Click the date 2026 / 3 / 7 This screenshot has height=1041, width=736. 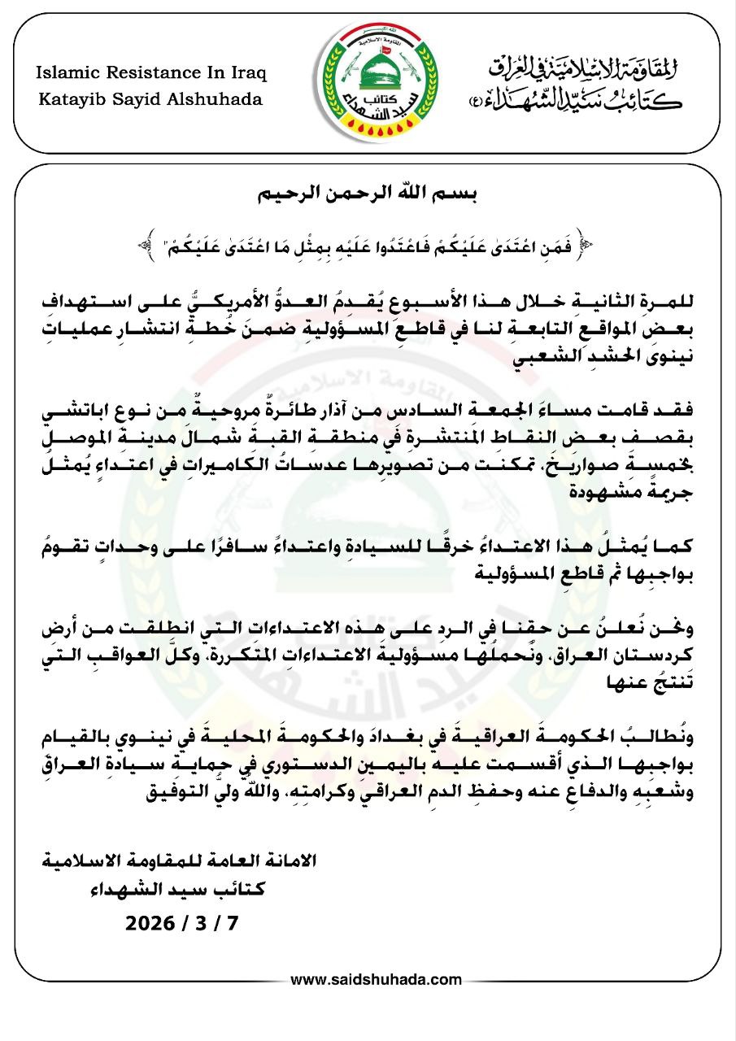click(x=185, y=923)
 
